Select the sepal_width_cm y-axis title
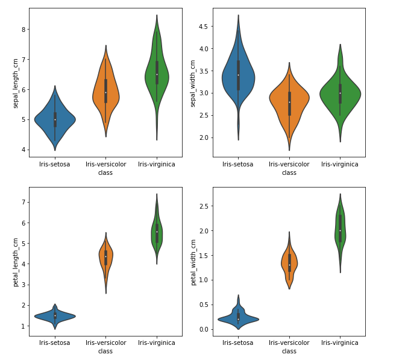193,83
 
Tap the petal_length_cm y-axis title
16,262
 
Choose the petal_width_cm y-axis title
193,262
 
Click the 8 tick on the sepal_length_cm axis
22,29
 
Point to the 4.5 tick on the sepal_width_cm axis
202,27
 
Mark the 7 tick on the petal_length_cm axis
22,202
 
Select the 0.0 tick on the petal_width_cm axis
202,329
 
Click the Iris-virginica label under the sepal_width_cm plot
340,164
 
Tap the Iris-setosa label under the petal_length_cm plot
55,343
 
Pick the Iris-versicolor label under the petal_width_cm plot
289,343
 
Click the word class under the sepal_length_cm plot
105,172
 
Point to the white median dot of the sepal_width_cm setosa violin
239,75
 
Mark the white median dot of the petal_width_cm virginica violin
340,230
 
